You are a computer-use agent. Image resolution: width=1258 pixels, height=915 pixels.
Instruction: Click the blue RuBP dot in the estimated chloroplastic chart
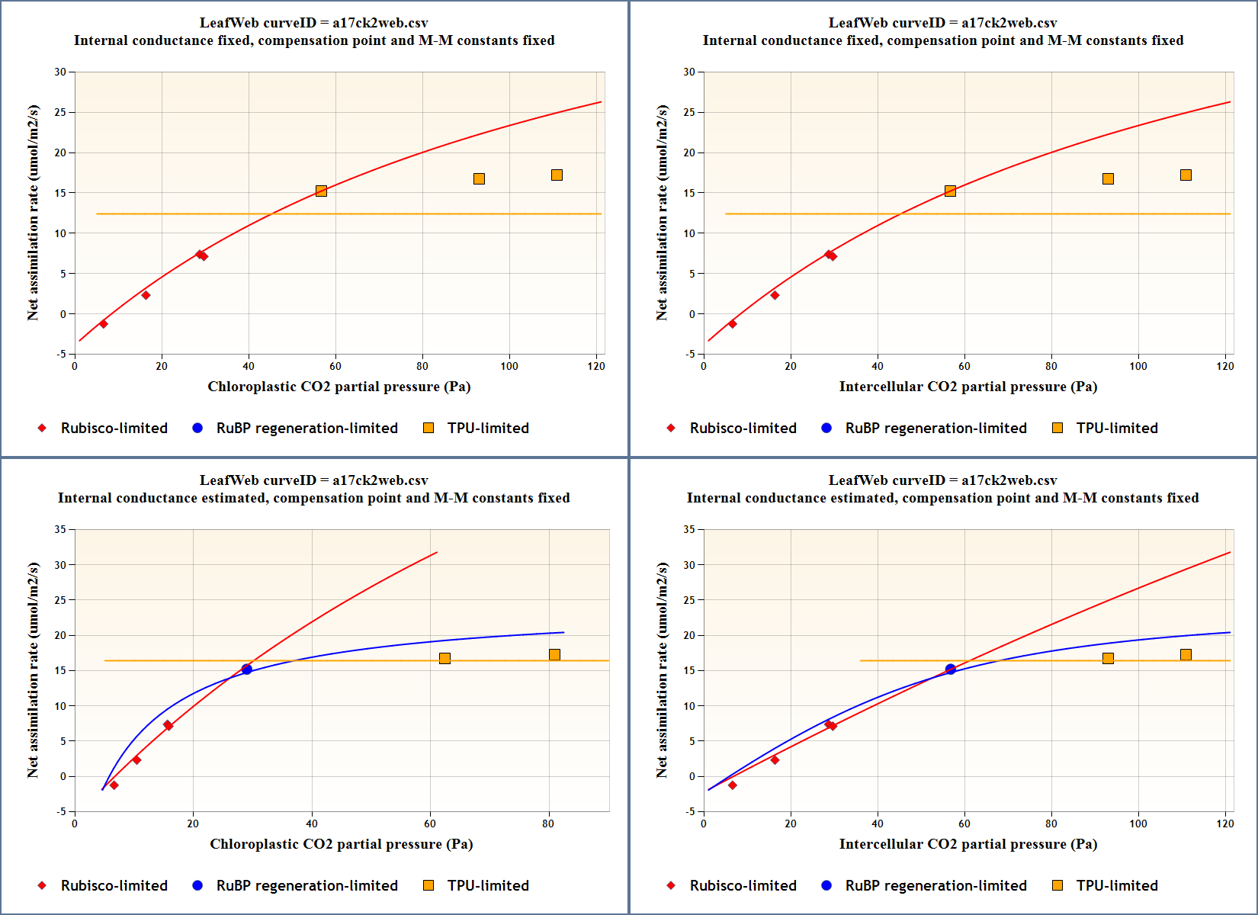coord(246,669)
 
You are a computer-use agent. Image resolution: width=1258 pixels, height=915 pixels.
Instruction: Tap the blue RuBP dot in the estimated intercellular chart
coord(950,669)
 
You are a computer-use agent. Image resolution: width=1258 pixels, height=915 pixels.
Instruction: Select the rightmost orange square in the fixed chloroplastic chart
coord(557,175)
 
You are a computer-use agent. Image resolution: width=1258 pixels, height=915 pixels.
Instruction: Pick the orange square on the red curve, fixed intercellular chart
coord(950,191)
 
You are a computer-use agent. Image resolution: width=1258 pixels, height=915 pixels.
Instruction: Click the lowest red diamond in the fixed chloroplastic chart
coord(104,324)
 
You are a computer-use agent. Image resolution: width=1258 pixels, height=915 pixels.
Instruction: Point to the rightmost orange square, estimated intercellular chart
coord(1186,655)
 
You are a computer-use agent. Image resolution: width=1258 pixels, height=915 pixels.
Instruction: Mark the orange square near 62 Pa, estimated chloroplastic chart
coord(444,658)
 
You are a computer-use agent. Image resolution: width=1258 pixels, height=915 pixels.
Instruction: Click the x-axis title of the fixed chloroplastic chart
coord(339,387)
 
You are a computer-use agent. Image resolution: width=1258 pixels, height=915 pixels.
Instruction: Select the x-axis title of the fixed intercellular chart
coord(968,387)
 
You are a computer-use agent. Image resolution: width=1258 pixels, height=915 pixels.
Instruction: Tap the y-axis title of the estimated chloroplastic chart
coord(33,670)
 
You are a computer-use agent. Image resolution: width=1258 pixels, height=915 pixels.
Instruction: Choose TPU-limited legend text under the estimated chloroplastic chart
coord(488,885)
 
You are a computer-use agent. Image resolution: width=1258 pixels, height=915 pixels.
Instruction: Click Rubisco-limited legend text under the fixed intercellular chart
coord(743,428)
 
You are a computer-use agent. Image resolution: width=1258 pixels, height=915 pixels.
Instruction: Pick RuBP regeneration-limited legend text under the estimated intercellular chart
coord(936,885)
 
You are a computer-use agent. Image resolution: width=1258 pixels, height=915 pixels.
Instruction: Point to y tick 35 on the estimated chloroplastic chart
coord(60,529)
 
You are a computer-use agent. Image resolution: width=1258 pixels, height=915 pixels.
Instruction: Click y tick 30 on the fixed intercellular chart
coord(689,72)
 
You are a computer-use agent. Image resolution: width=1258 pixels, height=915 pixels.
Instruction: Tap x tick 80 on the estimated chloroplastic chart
coord(548,823)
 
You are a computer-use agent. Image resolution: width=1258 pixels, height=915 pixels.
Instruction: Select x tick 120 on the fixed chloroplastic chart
coord(596,366)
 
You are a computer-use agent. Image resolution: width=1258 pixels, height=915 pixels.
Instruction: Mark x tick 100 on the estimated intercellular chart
coord(1138,823)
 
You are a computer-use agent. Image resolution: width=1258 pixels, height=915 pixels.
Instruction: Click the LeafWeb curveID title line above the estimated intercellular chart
coord(942,480)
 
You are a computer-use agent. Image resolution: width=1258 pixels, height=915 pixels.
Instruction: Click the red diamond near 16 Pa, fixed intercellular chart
coord(775,295)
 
